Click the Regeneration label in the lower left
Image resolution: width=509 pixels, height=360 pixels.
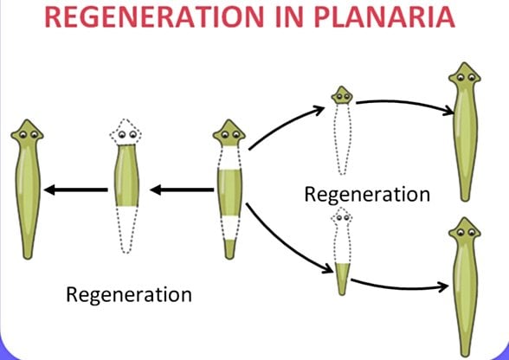[129, 294]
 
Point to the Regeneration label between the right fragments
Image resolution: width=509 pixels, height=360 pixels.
[366, 194]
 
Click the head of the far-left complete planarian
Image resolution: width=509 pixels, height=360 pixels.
[27, 134]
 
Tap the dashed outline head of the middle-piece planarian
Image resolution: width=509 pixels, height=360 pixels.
[126, 134]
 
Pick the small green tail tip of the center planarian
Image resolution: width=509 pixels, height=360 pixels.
[229, 248]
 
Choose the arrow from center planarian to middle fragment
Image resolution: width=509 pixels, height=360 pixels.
[182, 190]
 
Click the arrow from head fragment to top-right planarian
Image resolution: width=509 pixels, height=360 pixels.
[407, 105]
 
